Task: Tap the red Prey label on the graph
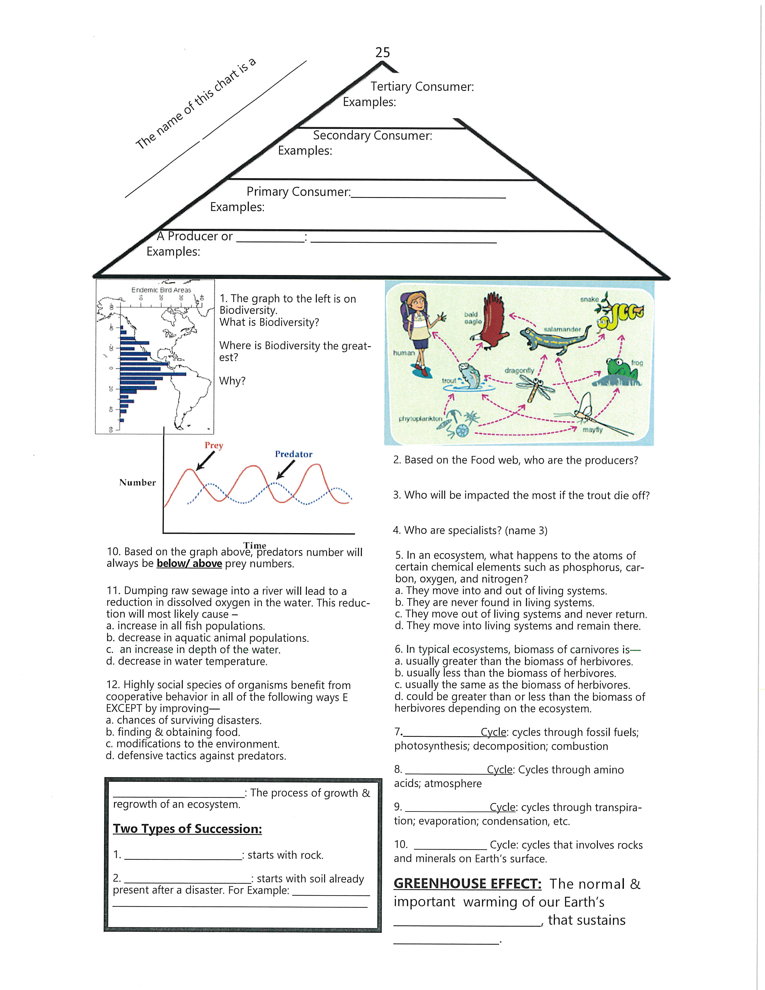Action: (x=214, y=445)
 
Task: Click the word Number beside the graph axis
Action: (x=137, y=482)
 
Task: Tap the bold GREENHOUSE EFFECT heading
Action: (x=467, y=883)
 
